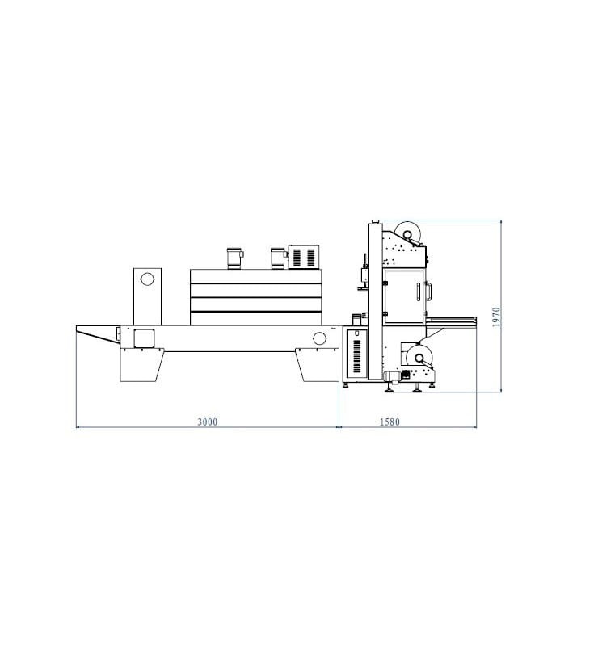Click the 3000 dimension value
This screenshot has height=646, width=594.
(208, 422)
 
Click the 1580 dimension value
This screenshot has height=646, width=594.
(390, 422)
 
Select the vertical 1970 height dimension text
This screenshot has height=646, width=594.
(496, 317)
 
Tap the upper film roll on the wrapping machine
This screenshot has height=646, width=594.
(407, 234)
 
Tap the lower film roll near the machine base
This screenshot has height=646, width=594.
(419, 359)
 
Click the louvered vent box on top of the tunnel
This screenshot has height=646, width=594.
(304, 257)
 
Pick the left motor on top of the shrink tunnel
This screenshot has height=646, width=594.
(234, 258)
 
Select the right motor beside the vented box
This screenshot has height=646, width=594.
(278, 258)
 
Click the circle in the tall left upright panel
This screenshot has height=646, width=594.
(146, 279)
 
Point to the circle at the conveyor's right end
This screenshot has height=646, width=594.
(319, 338)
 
